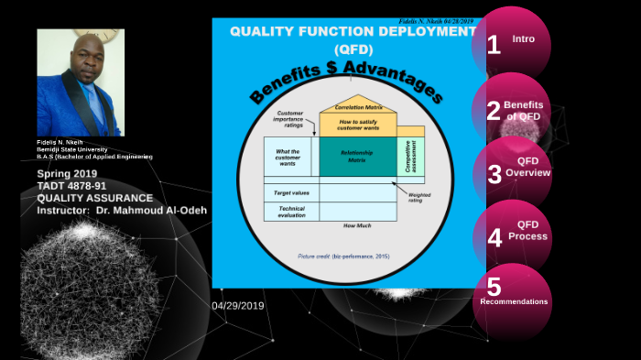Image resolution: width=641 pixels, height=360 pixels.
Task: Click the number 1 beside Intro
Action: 494,43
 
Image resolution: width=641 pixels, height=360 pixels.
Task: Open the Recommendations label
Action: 514,301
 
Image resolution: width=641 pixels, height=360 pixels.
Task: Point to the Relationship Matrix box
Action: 356,158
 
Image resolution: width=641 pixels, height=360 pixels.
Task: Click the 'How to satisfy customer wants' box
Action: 357,125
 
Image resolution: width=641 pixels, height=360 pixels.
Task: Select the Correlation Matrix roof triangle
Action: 358,104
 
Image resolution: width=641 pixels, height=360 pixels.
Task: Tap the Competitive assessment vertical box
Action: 410,156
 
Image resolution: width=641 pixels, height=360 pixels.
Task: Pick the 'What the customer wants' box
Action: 288,157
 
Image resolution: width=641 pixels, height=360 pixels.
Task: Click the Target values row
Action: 289,193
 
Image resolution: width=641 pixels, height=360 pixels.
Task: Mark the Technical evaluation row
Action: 291,212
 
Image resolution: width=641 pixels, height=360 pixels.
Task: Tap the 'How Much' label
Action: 356,224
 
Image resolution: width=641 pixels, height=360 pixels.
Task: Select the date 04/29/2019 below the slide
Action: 237,305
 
